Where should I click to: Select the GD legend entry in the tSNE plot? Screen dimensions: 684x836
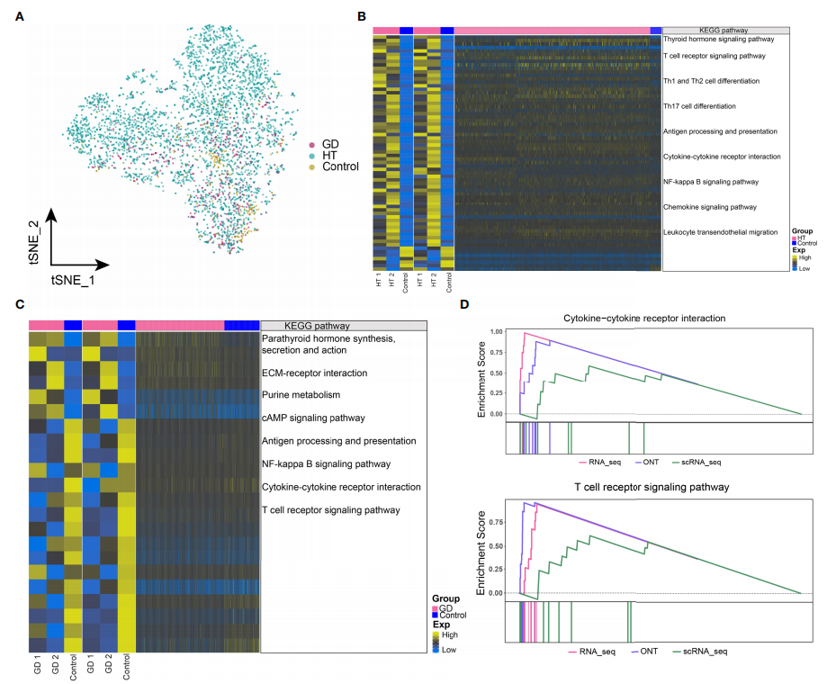(x=329, y=144)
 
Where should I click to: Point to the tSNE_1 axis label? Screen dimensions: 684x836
(x=76, y=280)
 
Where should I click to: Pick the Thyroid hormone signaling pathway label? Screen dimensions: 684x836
(x=718, y=40)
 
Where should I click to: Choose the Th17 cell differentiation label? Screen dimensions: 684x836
(x=700, y=106)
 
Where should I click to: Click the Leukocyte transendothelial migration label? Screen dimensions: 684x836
(x=720, y=232)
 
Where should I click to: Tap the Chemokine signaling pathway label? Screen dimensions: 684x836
(x=709, y=207)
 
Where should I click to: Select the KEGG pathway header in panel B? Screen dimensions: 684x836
(x=725, y=31)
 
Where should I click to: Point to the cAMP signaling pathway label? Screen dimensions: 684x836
(x=312, y=418)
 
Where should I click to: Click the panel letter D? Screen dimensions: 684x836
(x=465, y=304)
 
